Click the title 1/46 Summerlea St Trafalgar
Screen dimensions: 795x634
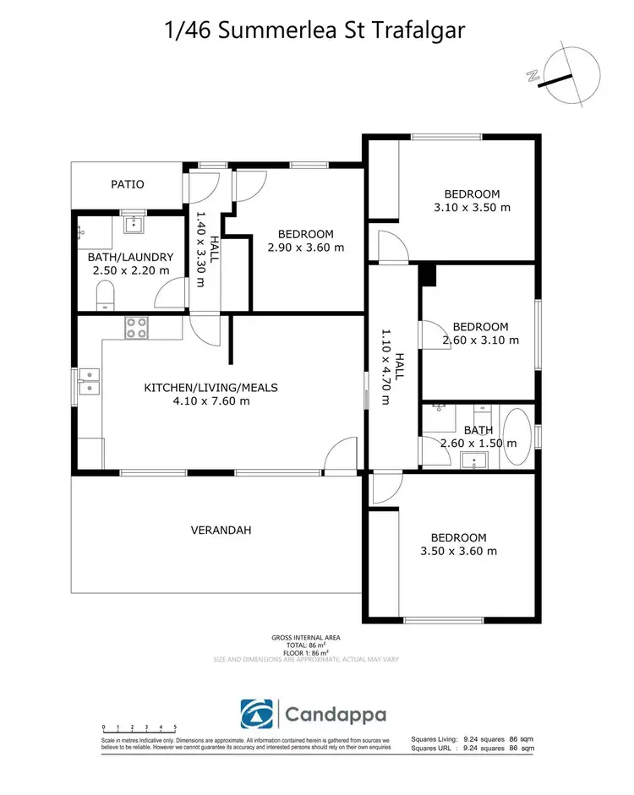[x=316, y=31]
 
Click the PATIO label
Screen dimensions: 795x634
[x=128, y=184]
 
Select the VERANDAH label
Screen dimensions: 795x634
[x=221, y=531]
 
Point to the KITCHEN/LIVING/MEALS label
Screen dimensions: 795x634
[x=210, y=388]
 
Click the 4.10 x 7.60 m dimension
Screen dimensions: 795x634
[x=210, y=401]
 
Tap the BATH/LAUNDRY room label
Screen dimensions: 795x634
[x=130, y=258]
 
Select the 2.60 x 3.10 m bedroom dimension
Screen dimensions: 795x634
[x=480, y=340]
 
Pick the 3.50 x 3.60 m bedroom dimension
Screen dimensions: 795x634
[x=458, y=551]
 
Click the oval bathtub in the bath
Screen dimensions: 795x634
[x=516, y=437]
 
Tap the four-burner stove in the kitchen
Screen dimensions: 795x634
[x=137, y=327]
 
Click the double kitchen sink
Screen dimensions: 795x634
[x=89, y=383]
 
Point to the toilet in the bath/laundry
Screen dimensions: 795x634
[x=106, y=295]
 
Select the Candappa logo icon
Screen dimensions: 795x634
[x=256, y=716]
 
